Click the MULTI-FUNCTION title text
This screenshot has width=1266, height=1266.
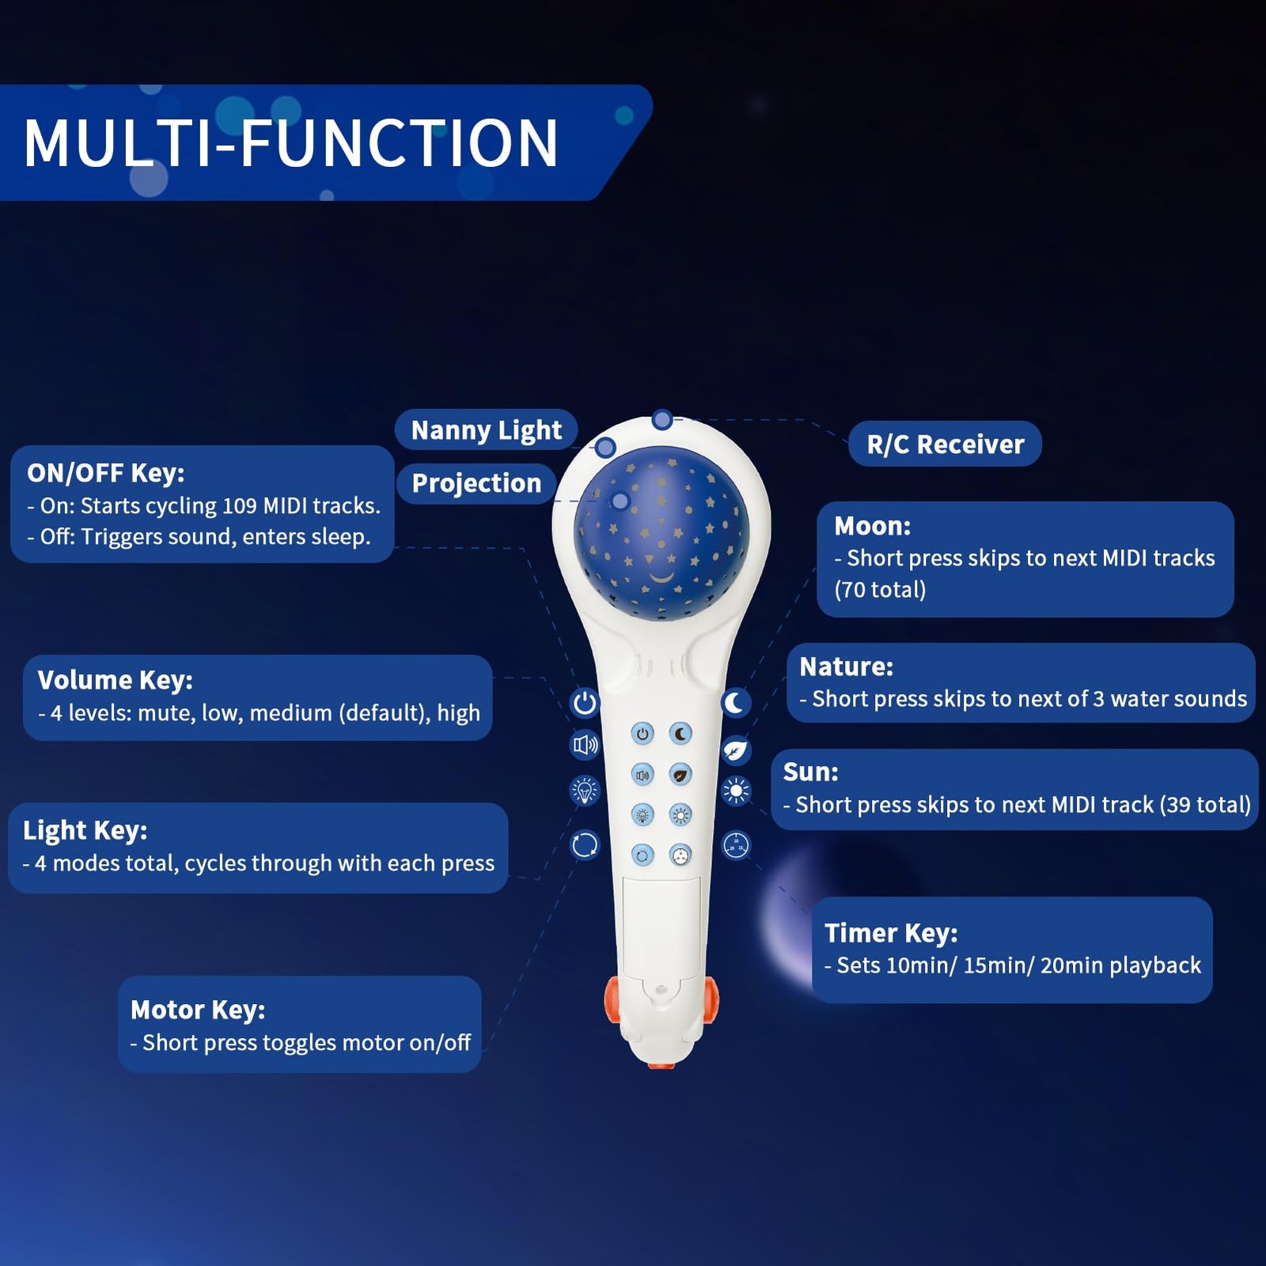[291, 143]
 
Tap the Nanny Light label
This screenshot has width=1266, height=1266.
[487, 430]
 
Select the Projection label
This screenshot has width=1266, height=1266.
[476, 483]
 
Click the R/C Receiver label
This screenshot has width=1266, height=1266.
[946, 444]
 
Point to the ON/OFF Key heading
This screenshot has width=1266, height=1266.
[106, 472]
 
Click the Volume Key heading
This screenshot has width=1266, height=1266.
[116, 680]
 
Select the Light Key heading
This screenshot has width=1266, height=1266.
[85, 830]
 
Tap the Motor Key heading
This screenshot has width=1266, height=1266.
[198, 1010]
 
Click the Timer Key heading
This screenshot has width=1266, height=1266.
[891, 933]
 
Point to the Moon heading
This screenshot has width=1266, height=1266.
[872, 526]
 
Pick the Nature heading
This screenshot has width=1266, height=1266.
[846, 666]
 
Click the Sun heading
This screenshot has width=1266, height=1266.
[810, 771]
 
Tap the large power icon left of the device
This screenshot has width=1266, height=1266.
[585, 702]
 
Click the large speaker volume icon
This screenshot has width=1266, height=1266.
[586, 745]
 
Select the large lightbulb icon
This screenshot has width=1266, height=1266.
[586, 790]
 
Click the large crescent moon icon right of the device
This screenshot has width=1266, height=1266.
[735, 702]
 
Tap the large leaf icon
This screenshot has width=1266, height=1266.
[735, 749]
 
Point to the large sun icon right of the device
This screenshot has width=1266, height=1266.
[736, 790]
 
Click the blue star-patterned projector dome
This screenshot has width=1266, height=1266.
[661, 538]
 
